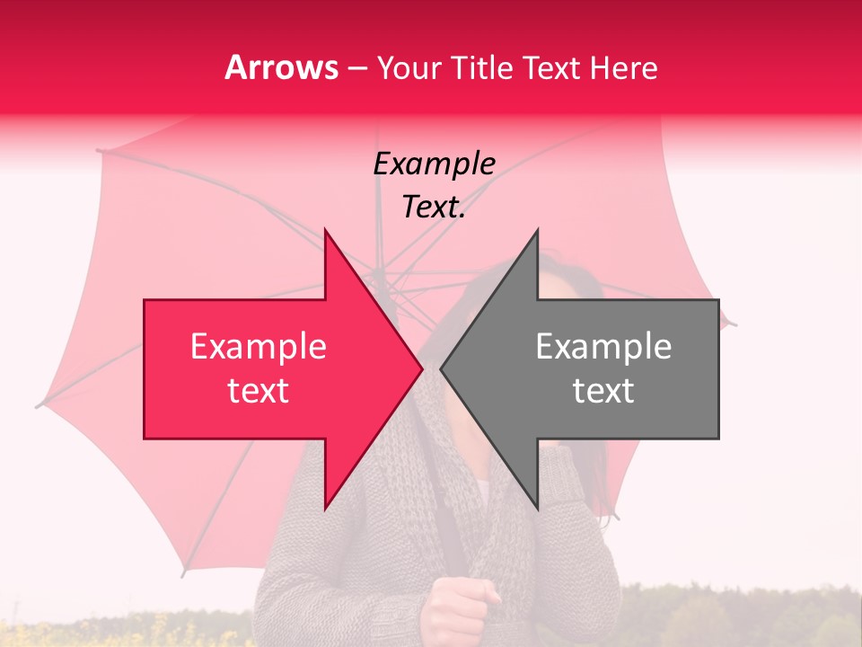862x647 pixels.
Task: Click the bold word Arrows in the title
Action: (x=281, y=67)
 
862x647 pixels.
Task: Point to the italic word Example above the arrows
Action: (x=434, y=164)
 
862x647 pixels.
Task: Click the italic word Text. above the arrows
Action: (x=434, y=208)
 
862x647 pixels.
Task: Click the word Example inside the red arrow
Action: (x=258, y=347)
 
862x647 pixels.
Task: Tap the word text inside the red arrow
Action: (x=258, y=391)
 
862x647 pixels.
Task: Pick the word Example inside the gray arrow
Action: (x=603, y=347)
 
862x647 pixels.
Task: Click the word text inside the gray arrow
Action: (x=603, y=391)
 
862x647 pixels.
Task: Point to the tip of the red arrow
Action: (x=420, y=368)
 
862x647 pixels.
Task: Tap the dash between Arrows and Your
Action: (x=356, y=68)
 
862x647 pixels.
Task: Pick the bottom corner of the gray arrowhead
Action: (x=537, y=507)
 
